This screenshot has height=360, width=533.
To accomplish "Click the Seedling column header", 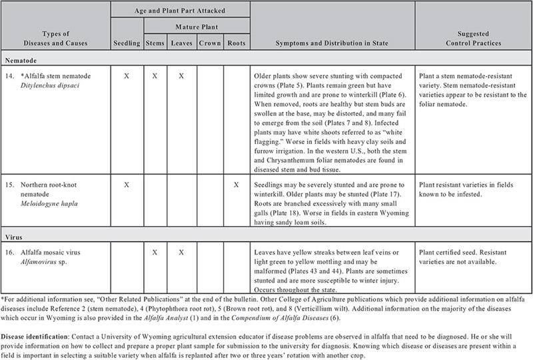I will click(126, 43).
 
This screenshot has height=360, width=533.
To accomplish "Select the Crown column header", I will click(209, 43).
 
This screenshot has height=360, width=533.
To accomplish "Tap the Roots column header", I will click(237, 43).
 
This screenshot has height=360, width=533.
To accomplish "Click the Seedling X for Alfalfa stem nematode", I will click(126, 76).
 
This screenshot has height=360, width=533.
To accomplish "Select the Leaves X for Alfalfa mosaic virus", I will click(181, 253).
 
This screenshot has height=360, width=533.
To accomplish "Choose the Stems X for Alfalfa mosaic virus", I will click(155, 253).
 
